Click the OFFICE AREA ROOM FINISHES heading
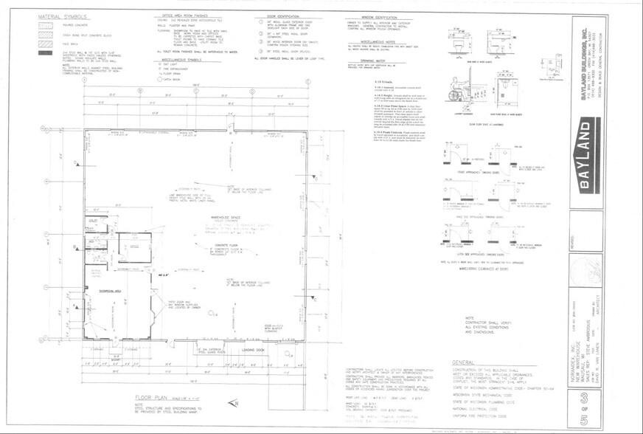click(x=184, y=15)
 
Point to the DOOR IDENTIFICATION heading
click(x=278, y=15)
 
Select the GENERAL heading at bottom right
click(x=466, y=363)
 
